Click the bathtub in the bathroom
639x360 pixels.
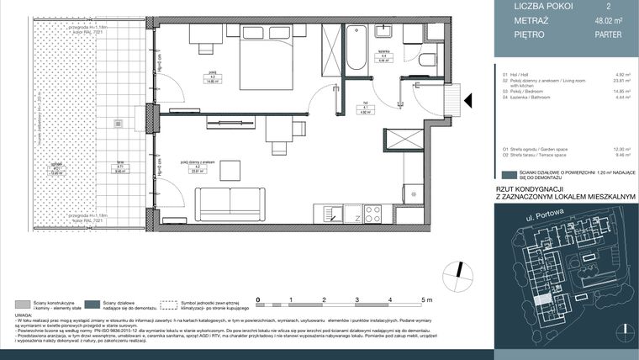[355, 47]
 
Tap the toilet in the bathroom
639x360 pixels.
[426, 59]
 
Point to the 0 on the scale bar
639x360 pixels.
[258, 299]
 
